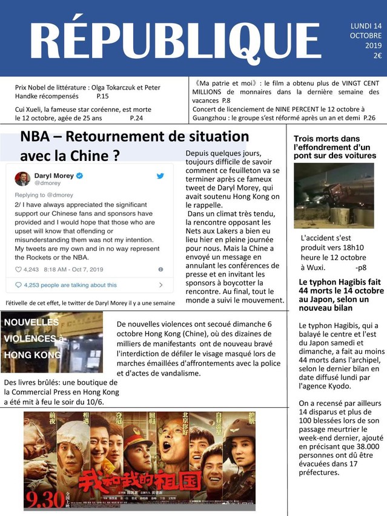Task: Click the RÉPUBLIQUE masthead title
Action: pyautogui.click(x=175, y=41)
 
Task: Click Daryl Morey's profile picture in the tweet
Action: pyautogui.click(x=22, y=178)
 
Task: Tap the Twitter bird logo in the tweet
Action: pyautogui.click(x=160, y=175)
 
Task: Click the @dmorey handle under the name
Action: pyautogui.click(x=46, y=183)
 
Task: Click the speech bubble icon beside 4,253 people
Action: pyautogui.click(x=18, y=285)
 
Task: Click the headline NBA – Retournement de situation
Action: pyautogui.click(x=134, y=137)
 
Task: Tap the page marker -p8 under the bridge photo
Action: pyautogui.click(x=361, y=267)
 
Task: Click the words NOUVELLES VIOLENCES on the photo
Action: pyautogui.click(x=33, y=330)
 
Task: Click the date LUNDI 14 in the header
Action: pyautogui.click(x=366, y=26)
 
